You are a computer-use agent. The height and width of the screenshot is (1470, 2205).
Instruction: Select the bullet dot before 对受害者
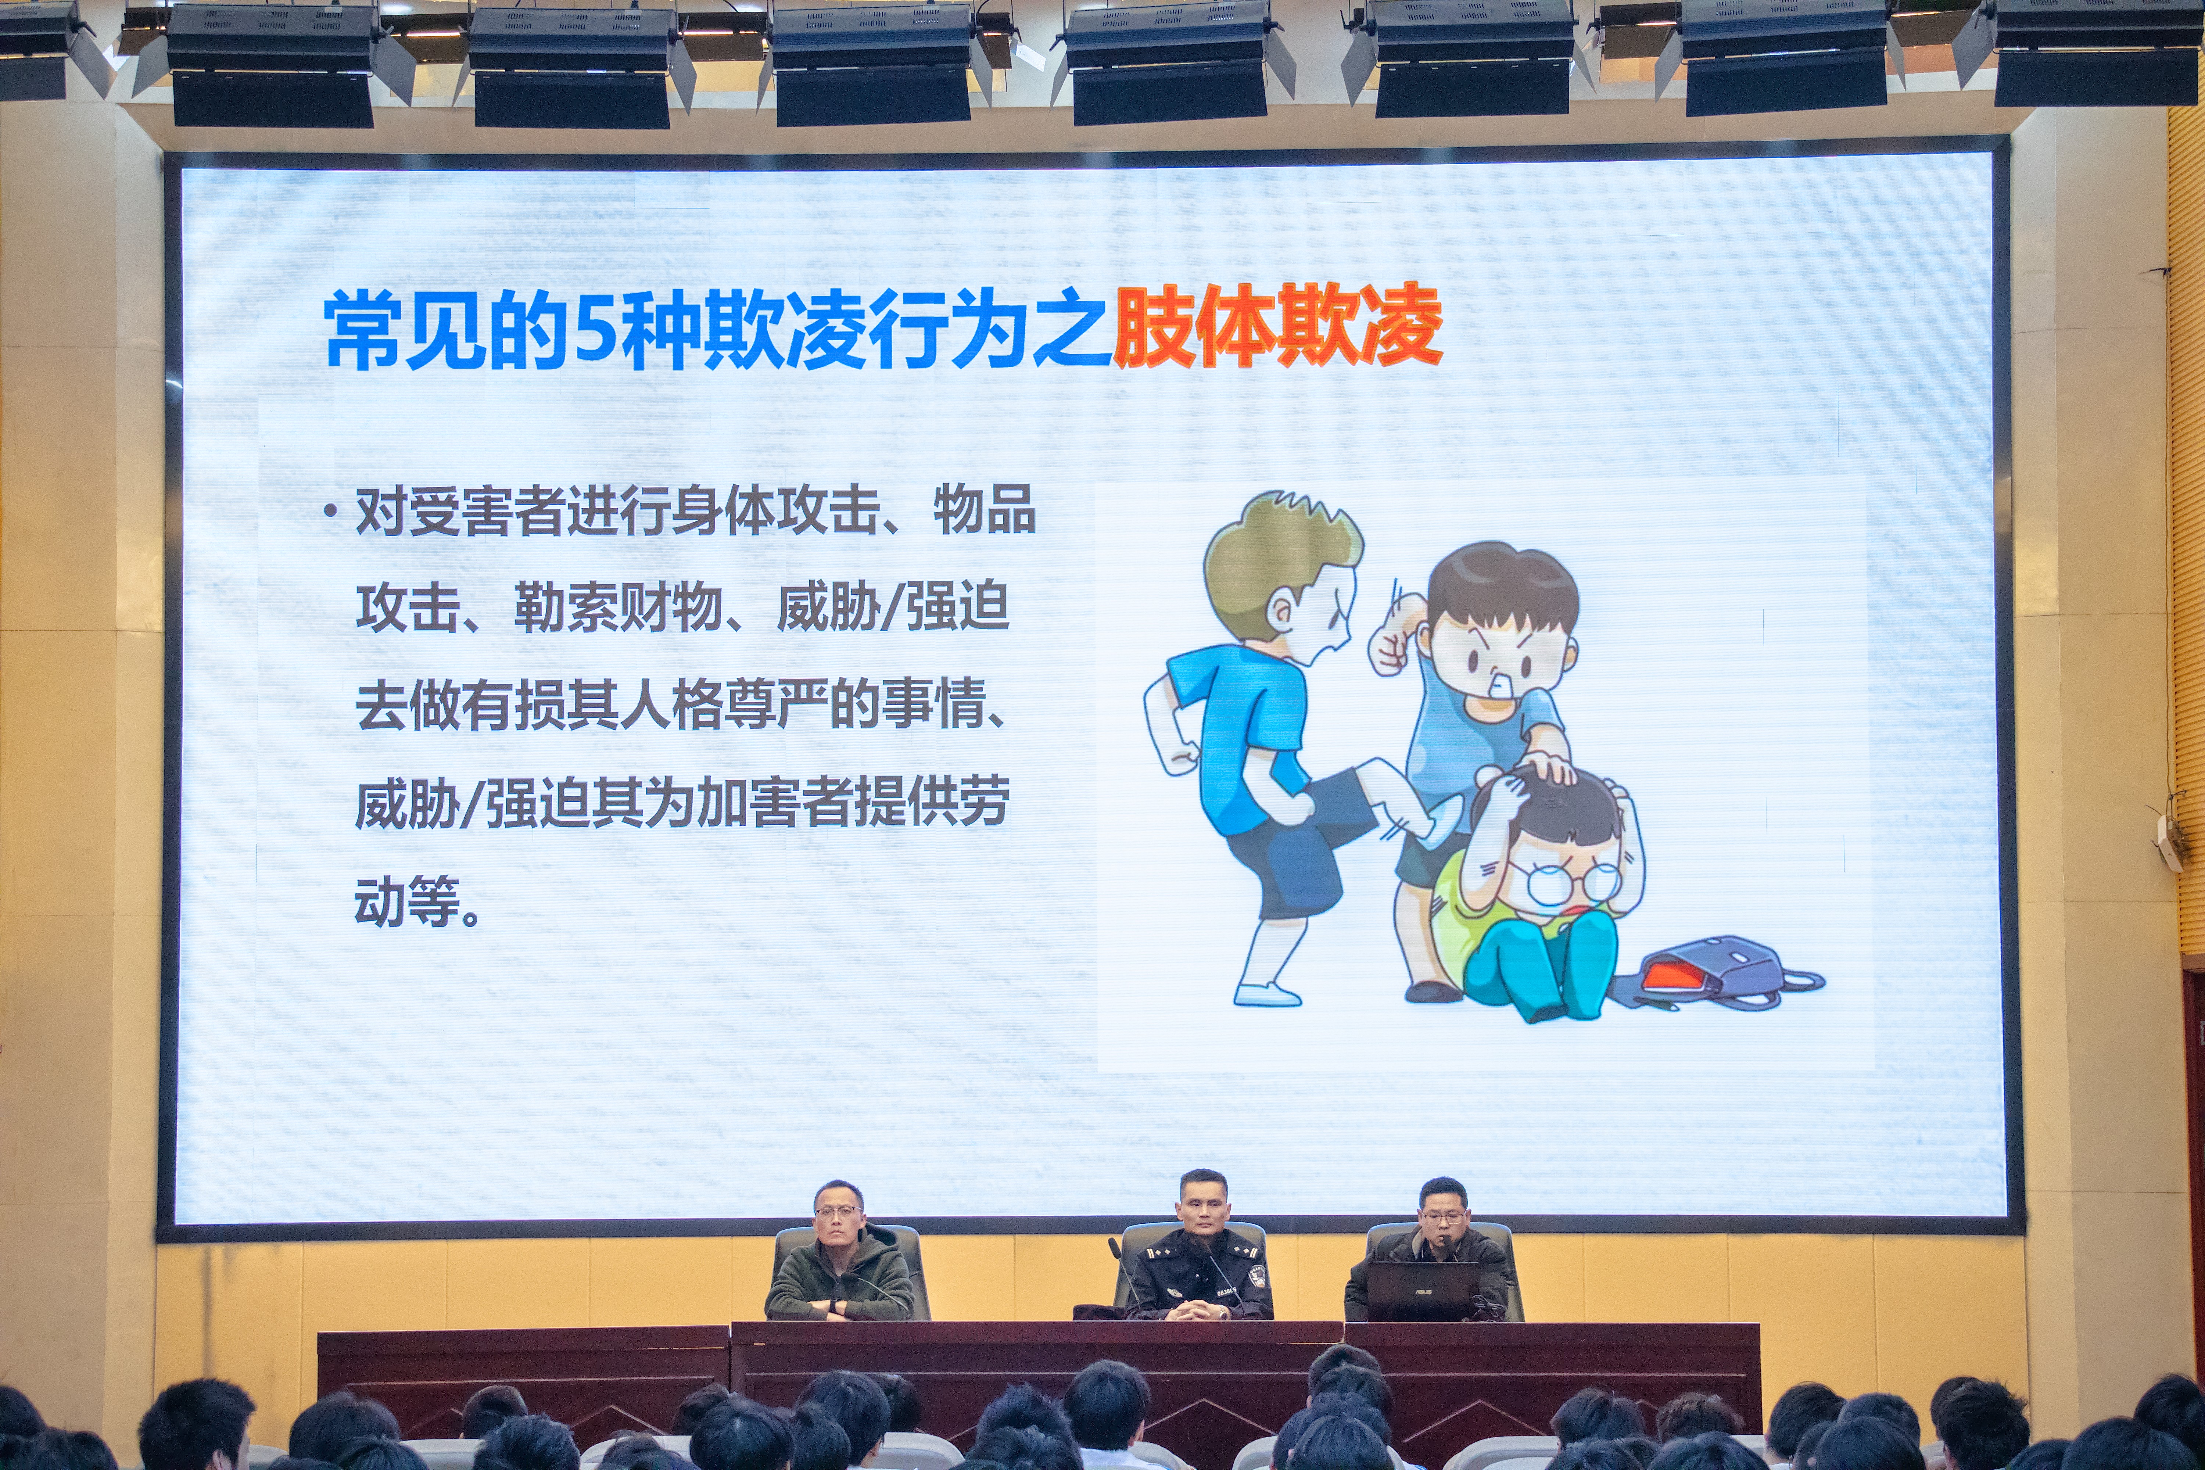point(330,511)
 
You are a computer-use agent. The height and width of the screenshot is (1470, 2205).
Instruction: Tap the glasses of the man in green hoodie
point(837,1211)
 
